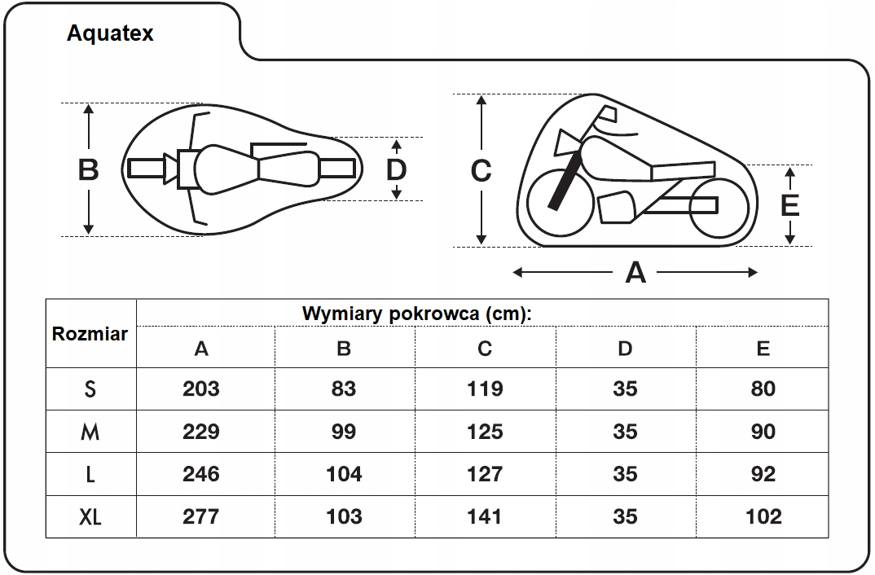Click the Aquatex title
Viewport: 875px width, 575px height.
(110, 33)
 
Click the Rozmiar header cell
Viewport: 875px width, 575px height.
(90, 334)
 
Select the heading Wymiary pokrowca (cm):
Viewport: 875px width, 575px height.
(416, 314)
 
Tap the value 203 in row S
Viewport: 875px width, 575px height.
(201, 388)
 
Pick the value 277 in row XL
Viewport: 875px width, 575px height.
(201, 516)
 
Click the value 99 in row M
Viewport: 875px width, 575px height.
(344, 432)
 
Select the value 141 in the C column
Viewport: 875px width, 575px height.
(485, 516)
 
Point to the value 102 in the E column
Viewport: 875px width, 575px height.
(763, 516)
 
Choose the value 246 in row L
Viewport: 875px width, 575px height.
(201, 474)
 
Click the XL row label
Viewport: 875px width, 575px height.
(90, 516)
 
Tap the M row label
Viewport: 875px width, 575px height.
(90, 432)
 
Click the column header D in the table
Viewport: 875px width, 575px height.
(625, 349)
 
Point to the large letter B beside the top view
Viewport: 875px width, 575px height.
(88, 170)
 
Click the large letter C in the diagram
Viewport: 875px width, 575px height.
(481, 171)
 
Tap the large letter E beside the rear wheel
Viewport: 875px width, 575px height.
(789, 206)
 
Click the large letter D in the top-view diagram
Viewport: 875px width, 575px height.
(396, 169)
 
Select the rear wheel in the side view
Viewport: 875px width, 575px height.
(718, 207)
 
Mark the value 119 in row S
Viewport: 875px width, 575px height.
(485, 388)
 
